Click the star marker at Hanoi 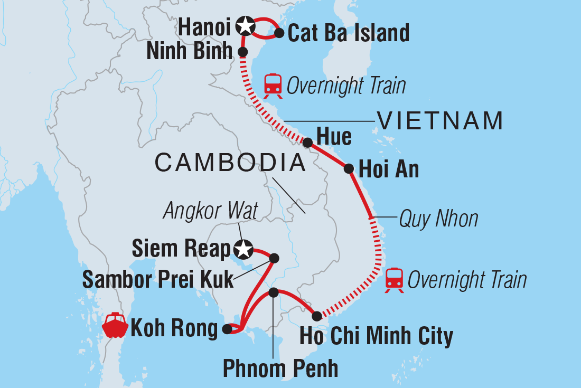pos(245,25)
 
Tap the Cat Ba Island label pos(349,33)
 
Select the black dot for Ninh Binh pos(242,52)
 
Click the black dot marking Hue pos(307,142)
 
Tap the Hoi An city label pos(388,169)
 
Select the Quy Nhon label pos(438,218)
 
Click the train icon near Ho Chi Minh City pos(395,279)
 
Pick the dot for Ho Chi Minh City pos(316,316)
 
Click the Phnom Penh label pos(280,368)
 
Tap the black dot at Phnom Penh pos(273,292)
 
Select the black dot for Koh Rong pos(227,329)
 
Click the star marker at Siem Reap pos(244,247)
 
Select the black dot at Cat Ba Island pos(278,34)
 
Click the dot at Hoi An pos(349,169)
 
